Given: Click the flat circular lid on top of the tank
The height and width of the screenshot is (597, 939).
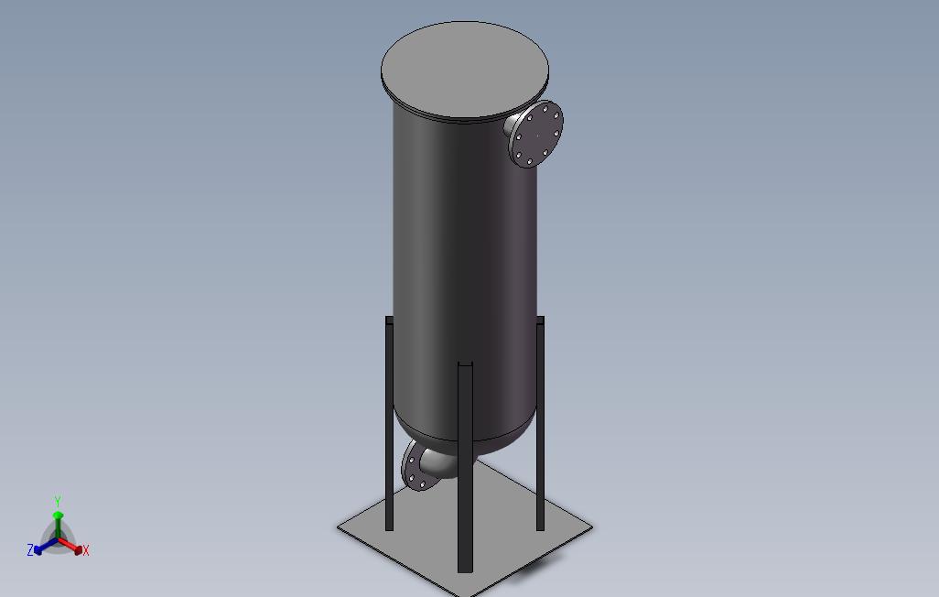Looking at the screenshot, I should pyautogui.click(x=465, y=70).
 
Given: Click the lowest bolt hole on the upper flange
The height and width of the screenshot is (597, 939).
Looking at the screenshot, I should pyautogui.click(x=528, y=163).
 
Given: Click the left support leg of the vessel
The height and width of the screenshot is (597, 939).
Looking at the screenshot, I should pyautogui.click(x=389, y=430).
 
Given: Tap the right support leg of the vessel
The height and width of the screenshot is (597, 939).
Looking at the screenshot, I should pyautogui.click(x=540, y=430).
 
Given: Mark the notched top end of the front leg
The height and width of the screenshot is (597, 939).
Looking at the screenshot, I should pyautogui.click(x=465, y=367).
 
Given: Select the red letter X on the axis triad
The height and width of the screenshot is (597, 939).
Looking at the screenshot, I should pyautogui.click(x=86, y=550).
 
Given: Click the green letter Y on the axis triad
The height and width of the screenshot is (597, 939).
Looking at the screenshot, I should pyautogui.click(x=57, y=502).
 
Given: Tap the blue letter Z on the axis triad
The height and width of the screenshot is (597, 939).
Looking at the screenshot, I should pyautogui.click(x=30, y=550).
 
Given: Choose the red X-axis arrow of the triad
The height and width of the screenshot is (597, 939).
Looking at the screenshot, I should pyautogui.click(x=73, y=548).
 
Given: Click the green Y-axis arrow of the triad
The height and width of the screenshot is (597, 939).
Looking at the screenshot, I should pyautogui.click(x=58, y=522).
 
